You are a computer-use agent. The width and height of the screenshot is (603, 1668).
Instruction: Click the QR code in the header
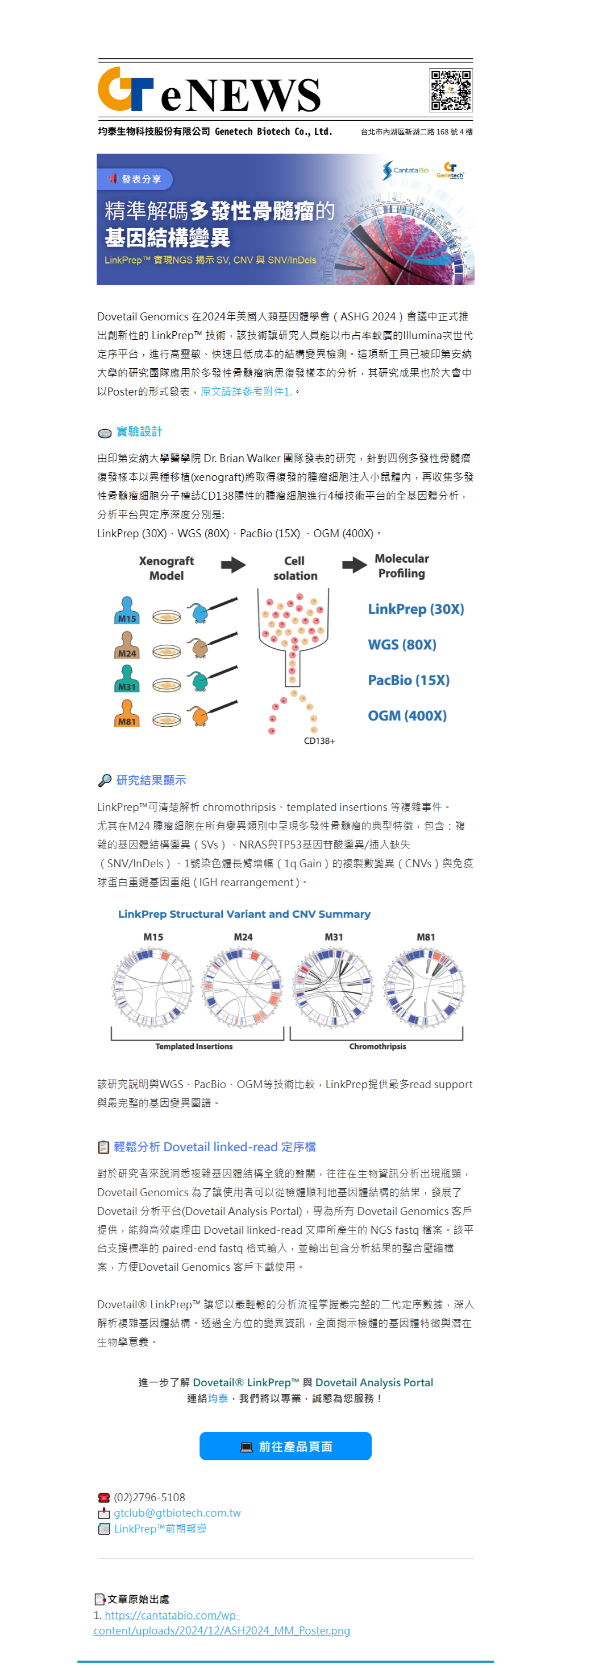(451, 90)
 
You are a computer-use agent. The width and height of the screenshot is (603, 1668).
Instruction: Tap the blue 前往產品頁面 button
(285, 1446)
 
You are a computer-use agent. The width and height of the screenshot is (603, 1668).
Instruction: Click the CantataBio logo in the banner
(405, 170)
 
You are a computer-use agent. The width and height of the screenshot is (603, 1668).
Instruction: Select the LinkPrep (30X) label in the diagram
(416, 609)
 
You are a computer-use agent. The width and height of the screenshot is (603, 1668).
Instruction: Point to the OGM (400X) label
(407, 715)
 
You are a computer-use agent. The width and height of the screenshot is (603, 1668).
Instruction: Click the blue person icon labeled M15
(127, 610)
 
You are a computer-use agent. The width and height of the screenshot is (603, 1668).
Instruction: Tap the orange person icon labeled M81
(127, 713)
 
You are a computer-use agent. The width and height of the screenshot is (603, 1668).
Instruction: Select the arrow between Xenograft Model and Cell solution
(233, 565)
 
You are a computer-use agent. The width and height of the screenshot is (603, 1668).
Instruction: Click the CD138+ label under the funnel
(319, 741)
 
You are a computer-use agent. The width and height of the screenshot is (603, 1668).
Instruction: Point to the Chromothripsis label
(378, 1047)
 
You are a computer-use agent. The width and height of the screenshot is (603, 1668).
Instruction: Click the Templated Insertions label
(194, 1047)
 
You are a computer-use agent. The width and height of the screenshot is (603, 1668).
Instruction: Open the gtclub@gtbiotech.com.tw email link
(177, 1513)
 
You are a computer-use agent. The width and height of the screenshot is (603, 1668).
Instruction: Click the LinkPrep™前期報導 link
(160, 1528)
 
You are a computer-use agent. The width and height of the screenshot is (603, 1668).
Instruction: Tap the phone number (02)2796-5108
(149, 1497)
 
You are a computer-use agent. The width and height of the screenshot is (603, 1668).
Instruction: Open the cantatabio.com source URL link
(222, 1622)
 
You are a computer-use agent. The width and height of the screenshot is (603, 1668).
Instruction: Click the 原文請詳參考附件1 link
(246, 392)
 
